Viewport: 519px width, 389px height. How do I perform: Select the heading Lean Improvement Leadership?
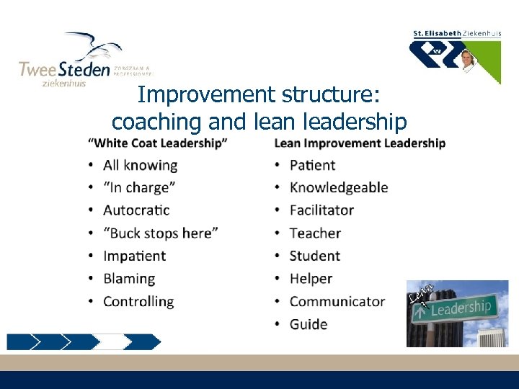[360, 143]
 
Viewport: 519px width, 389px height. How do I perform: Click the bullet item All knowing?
[140, 165]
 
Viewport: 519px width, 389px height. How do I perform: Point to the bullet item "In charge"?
[139, 187]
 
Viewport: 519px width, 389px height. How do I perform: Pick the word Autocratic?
[136, 210]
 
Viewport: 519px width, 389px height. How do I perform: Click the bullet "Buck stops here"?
[160, 233]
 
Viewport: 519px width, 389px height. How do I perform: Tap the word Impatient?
[134, 256]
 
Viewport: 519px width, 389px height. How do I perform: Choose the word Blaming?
[129, 279]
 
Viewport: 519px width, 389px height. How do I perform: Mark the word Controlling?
[138, 302]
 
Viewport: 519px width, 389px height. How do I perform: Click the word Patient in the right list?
[312, 165]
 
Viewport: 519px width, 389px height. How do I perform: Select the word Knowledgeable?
[339, 187]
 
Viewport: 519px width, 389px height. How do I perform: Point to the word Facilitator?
[321, 210]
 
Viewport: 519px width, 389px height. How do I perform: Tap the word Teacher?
[315, 233]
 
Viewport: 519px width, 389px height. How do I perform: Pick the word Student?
[314, 256]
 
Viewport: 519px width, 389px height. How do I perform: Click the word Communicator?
[337, 302]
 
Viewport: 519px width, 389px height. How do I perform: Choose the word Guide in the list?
[309, 324]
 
